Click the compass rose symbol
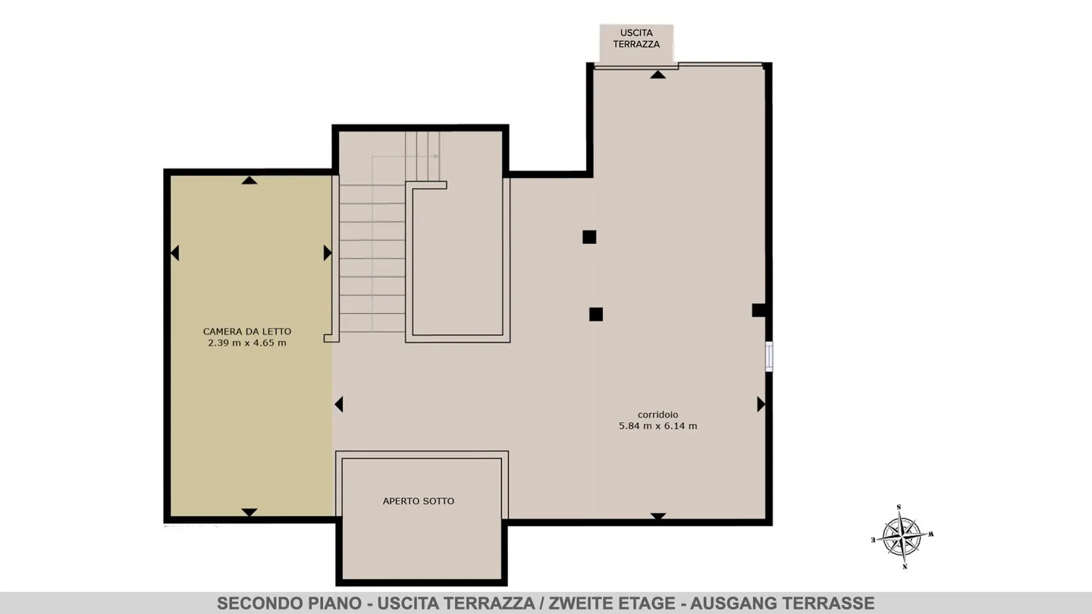tap(902, 537)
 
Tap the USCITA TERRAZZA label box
tap(636, 43)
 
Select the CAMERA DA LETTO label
tap(247, 331)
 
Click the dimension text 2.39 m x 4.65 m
tap(247, 343)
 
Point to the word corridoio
tap(657, 415)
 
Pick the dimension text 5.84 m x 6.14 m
tap(657, 426)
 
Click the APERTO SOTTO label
tap(419, 501)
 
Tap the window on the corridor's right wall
tap(769, 357)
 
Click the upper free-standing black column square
tap(589, 237)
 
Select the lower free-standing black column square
tap(596, 315)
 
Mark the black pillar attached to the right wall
tap(759, 310)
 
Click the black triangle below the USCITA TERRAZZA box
tap(657, 75)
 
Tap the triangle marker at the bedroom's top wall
tap(249, 180)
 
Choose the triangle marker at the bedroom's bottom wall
tap(249, 512)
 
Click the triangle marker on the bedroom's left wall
tap(174, 253)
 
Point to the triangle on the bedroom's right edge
tap(328, 253)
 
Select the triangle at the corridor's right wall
tap(761, 404)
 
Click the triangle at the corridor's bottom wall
tap(657, 516)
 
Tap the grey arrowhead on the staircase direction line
tap(436, 156)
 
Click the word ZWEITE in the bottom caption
tap(578, 603)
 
